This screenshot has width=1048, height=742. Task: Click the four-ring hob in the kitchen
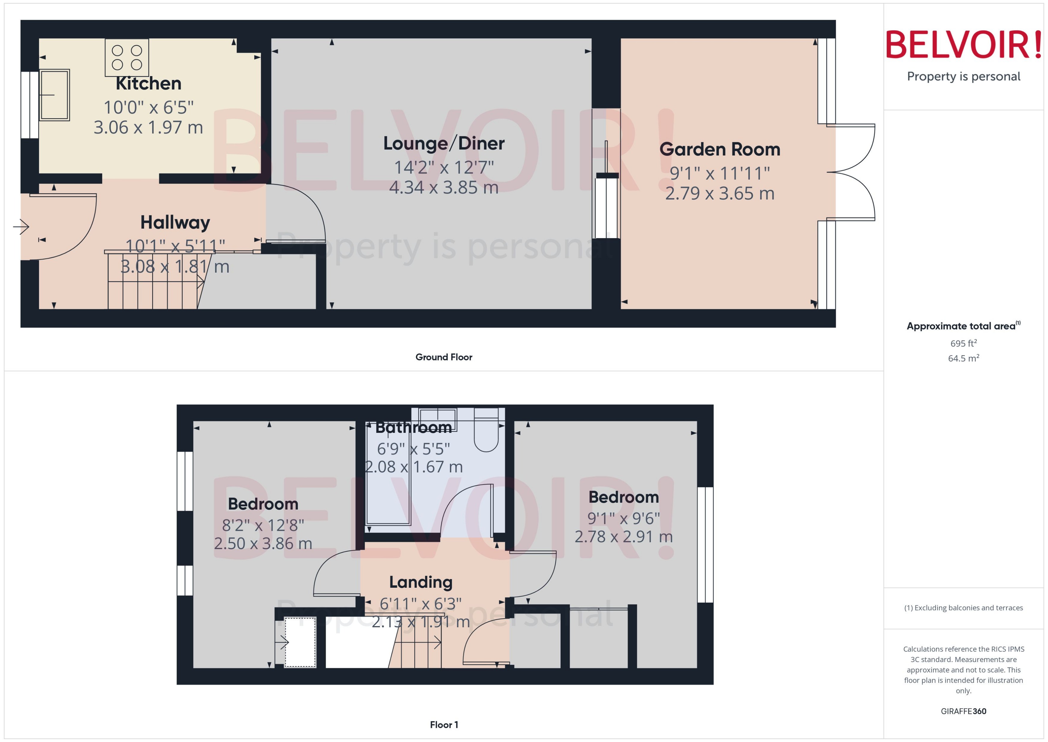click(127, 57)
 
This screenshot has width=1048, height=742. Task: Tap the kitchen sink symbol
click(54, 95)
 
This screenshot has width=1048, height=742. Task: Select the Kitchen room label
click(149, 84)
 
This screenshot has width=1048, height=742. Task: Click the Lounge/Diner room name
click(443, 143)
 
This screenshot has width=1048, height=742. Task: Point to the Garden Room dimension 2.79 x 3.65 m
click(720, 193)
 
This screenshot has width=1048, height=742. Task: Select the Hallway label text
click(175, 223)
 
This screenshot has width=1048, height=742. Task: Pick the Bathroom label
click(413, 428)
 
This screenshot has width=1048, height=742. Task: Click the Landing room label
click(421, 582)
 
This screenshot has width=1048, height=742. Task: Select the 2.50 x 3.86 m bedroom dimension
click(263, 543)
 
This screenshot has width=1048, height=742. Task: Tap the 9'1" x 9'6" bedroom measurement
click(623, 519)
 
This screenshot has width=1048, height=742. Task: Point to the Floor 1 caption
click(443, 725)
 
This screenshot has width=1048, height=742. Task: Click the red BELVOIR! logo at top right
click(964, 45)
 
